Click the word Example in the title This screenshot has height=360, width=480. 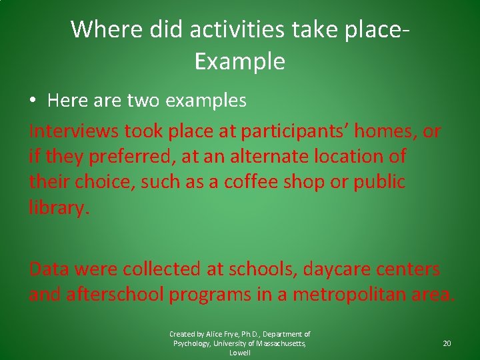click(x=240, y=62)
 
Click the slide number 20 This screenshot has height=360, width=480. click(x=447, y=343)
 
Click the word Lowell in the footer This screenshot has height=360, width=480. click(x=240, y=353)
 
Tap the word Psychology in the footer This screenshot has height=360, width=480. click(x=192, y=343)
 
